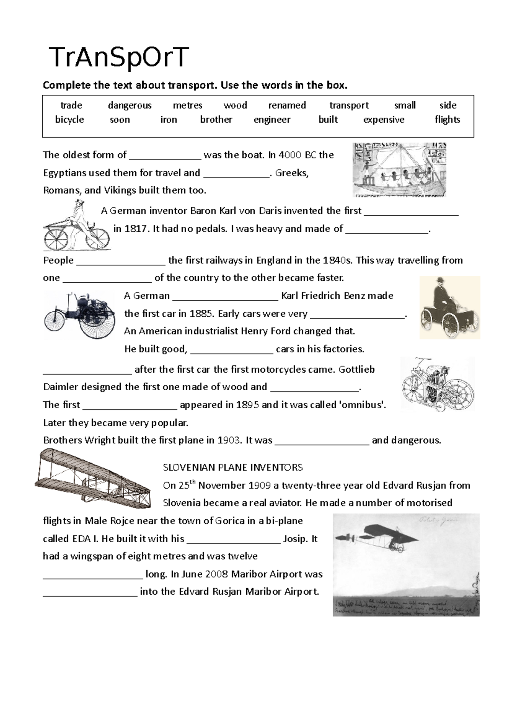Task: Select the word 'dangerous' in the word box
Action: tap(130, 105)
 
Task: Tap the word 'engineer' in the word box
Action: tap(272, 120)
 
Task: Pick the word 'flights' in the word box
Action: tap(447, 120)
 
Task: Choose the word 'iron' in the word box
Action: tap(169, 120)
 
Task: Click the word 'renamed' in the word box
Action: tap(287, 105)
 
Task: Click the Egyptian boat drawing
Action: tap(399, 170)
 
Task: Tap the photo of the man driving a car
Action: tap(450, 307)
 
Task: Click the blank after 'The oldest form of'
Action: tap(165, 155)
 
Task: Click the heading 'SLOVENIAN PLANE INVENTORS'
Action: tap(233, 468)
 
